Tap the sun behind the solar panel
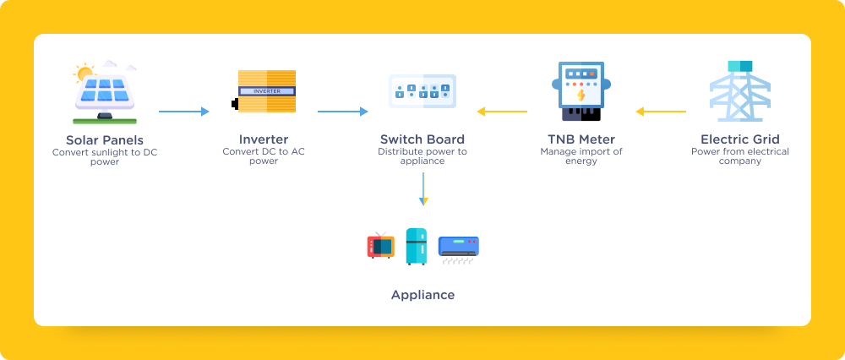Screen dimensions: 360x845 click(84, 74)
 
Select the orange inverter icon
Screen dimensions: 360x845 click(264, 92)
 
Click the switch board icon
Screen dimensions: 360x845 click(422, 90)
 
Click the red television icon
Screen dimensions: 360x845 click(380, 245)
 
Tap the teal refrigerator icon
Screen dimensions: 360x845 click(416, 247)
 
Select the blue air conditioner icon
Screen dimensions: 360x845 click(458, 248)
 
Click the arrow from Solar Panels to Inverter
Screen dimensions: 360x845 click(183, 111)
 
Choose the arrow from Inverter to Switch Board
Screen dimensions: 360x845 click(342, 111)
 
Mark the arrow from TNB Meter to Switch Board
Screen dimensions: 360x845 click(502, 111)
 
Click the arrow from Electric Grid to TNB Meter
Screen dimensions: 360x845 click(661, 111)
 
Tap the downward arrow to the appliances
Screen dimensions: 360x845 click(422, 188)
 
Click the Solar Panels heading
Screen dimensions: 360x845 click(105, 139)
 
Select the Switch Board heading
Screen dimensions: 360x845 click(422, 139)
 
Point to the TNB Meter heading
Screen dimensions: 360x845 click(581, 139)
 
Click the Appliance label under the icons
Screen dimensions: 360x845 click(422, 295)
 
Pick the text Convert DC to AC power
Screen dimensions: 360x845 click(264, 156)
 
